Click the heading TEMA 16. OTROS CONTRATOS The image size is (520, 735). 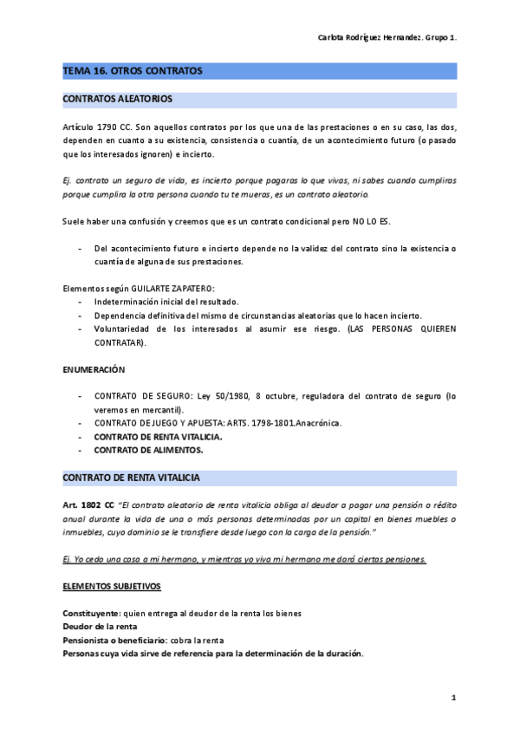(x=132, y=71)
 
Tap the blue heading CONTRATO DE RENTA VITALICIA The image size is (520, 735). (x=132, y=478)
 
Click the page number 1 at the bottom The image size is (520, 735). (x=453, y=698)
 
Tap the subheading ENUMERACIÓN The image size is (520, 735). (x=94, y=369)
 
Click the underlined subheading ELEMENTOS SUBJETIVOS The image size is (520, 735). (x=112, y=587)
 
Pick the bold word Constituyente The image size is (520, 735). (x=91, y=614)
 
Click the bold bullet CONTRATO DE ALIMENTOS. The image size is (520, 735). (x=148, y=450)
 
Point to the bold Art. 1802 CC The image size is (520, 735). (x=88, y=504)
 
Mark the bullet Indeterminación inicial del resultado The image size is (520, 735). (x=166, y=302)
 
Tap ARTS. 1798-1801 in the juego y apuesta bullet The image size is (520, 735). (x=258, y=423)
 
